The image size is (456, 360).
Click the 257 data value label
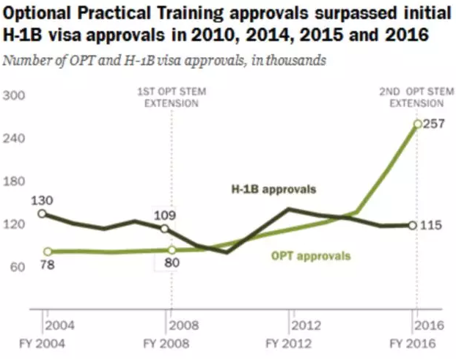(x=437, y=124)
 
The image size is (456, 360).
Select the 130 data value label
(x=42, y=199)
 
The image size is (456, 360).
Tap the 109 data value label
(x=164, y=216)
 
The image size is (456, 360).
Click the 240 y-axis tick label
(x=16, y=138)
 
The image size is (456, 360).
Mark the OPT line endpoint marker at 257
(x=417, y=124)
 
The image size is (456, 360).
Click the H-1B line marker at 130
(x=42, y=213)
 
